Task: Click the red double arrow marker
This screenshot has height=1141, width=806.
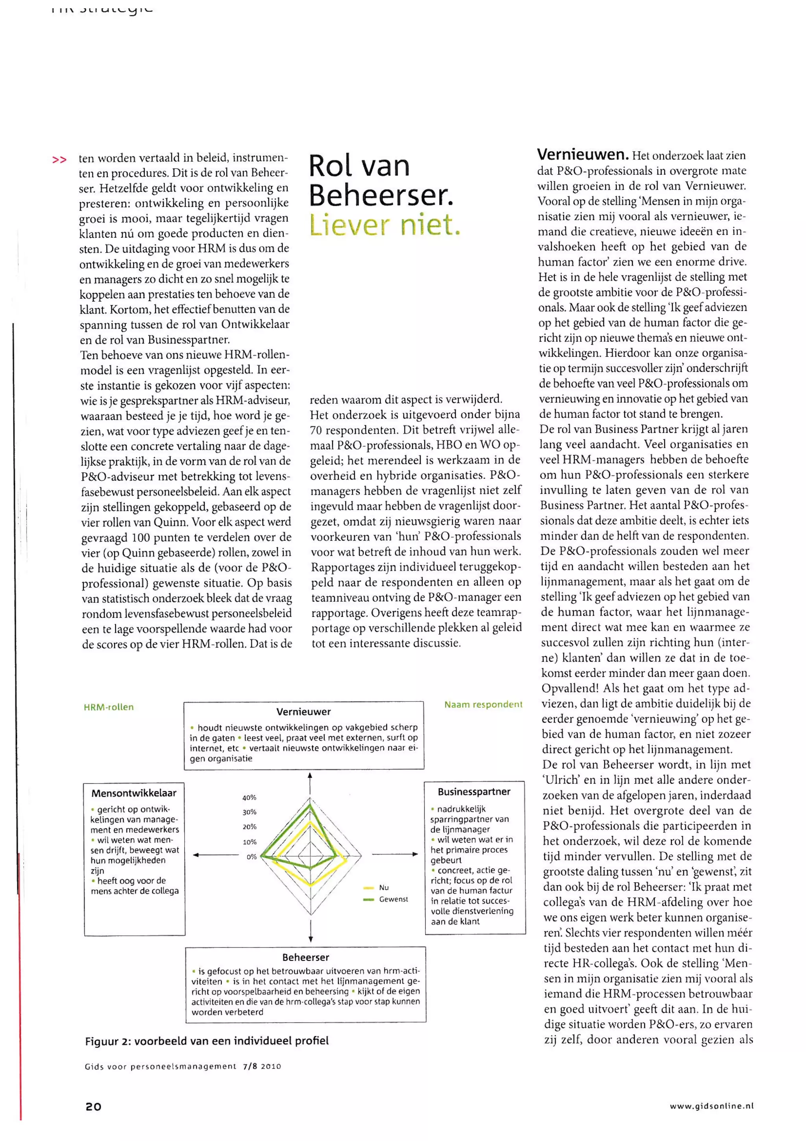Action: pos(59,160)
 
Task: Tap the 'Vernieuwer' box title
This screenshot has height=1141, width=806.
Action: pos(303,711)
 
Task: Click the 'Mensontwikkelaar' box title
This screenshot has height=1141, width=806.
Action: pos(134,793)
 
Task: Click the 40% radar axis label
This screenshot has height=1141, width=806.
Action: pos(249,797)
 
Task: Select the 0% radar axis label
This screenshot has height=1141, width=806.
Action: pos(251,857)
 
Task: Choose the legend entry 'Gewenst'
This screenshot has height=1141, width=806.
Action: pos(393,899)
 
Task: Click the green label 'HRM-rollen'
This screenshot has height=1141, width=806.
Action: pos(108,707)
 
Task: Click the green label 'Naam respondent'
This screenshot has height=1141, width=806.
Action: pos(483,704)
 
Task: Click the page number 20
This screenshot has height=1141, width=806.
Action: pos(93,1106)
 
